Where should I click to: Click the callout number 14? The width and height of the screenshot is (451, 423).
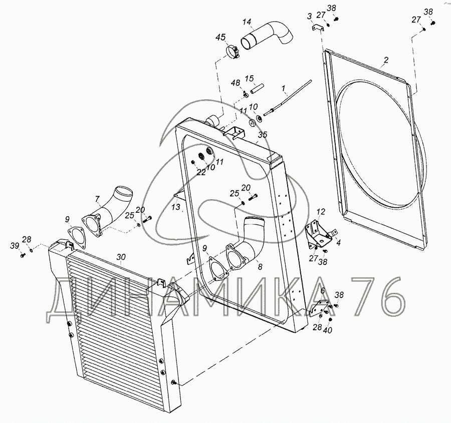(x=247, y=22)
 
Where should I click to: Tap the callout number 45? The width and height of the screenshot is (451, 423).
(x=221, y=37)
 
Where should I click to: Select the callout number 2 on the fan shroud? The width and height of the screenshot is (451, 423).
(x=386, y=60)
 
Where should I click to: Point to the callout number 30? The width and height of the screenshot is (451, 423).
(x=121, y=257)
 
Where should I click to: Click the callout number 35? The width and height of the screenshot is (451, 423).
(x=262, y=134)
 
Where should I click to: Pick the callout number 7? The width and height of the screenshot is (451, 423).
(x=97, y=198)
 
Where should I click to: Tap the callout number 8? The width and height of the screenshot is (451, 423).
(x=260, y=267)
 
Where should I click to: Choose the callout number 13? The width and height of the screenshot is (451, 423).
(x=176, y=206)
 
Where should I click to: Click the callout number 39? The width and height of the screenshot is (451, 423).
(x=15, y=246)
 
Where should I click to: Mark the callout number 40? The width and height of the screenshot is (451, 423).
(x=327, y=330)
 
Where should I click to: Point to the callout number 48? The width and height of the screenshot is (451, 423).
(x=236, y=83)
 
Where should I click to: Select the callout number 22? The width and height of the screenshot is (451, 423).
(x=201, y=172)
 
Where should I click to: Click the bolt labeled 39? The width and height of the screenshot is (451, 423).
(x=23, y=255)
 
